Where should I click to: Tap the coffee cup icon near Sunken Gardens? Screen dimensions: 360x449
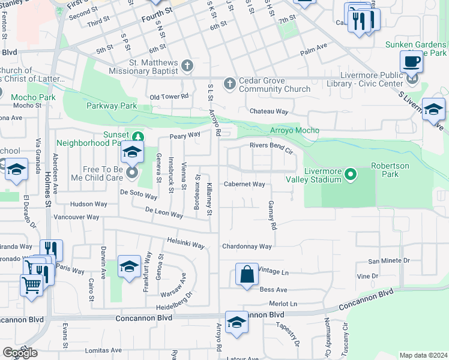(412, 61)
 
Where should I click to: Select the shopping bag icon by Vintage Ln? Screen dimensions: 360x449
(247, 275)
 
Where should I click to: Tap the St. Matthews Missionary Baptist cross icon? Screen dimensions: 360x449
(187, 65)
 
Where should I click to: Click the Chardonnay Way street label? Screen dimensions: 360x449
(247, 247)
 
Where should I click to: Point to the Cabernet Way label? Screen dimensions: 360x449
(244, 184)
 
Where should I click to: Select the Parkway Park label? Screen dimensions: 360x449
(112, 106)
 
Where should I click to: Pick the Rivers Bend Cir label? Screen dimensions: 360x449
(271, 145)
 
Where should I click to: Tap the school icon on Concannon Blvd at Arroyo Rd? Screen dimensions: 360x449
(237, 323)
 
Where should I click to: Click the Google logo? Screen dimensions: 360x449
(20, 353)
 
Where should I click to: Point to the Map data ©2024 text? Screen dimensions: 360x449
(423, 355)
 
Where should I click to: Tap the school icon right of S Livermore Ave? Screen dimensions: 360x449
(433, 109)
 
